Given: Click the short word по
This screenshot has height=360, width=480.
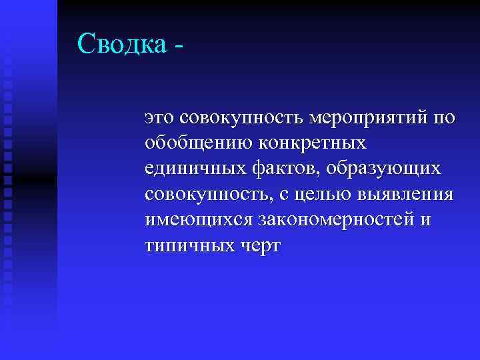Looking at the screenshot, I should point(444,119).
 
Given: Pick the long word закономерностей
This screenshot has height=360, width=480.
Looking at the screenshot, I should point(333,220).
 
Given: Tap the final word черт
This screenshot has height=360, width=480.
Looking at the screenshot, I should point(259,245).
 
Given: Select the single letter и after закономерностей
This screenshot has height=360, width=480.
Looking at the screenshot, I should point(425,221).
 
